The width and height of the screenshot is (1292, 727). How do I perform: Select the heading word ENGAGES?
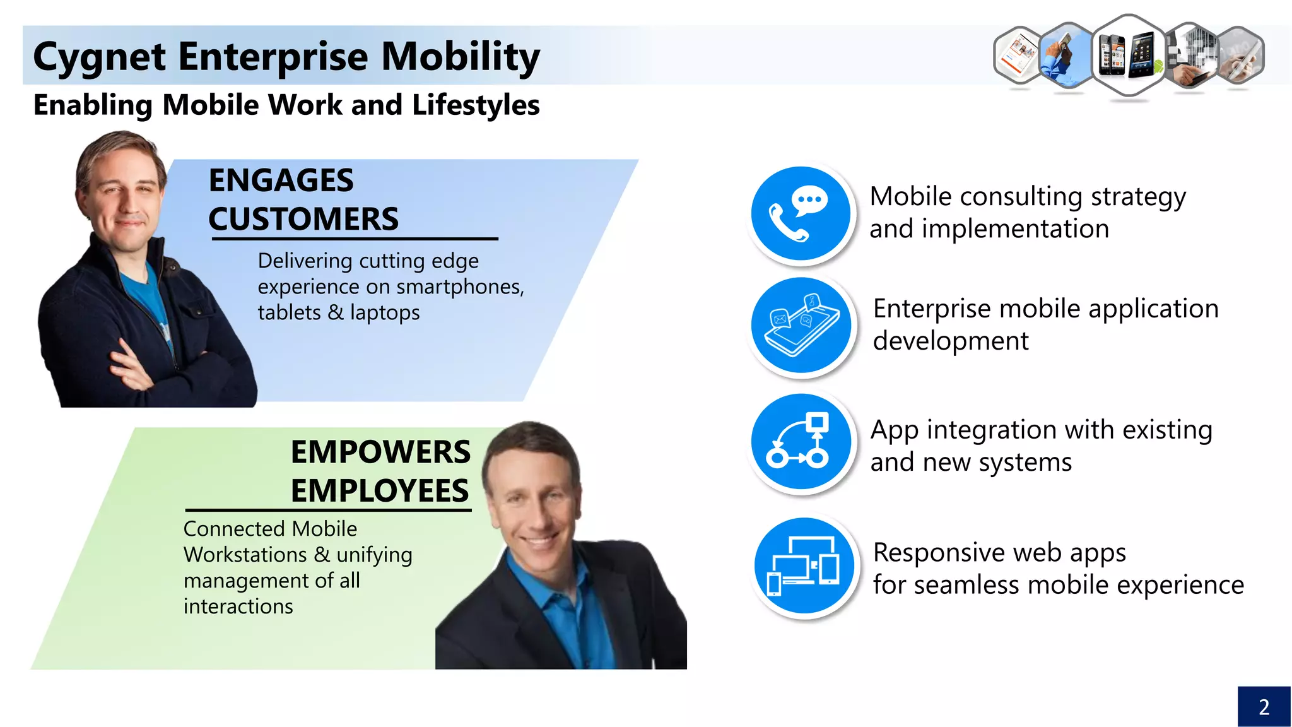click(x=281, y=180)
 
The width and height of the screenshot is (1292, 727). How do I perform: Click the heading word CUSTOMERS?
click(x=303, y=219)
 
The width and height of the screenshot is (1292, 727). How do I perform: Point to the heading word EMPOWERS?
click(x=380, y=452)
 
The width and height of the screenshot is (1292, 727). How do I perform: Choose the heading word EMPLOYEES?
click(x=380, y=491)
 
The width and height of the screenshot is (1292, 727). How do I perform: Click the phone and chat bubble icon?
click(x=801, y=213)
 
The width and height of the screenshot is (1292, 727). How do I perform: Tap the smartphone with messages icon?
click(x=801, y=326)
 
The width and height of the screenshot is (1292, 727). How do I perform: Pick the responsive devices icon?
click(x=804, y=565)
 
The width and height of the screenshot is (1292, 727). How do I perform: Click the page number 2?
click(x=1264, y=707)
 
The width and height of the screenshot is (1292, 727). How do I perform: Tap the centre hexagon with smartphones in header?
click(x=1128, y=56)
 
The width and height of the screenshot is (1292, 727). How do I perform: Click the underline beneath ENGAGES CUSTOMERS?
click(x=355, y=239)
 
